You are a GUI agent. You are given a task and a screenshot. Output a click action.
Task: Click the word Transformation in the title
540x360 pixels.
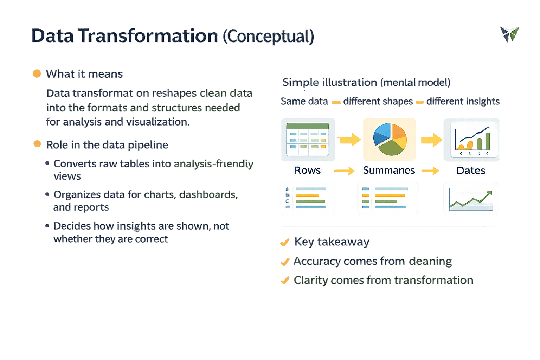click(148, 36)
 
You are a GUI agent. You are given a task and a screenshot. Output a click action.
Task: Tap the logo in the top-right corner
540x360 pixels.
click(509, 34)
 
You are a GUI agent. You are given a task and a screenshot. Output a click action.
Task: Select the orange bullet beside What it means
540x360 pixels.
click(37, 73)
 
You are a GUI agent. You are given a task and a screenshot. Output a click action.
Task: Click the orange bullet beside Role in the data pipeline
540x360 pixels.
click(37, 144)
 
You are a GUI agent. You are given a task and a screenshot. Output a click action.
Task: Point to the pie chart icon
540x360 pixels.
click(390, 139)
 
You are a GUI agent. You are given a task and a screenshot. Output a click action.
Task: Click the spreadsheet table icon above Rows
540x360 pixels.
click(308, 139)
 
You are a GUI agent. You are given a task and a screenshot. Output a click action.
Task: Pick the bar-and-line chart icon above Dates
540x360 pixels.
click(471, 140)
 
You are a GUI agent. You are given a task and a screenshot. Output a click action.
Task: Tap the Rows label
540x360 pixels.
click(307, 170)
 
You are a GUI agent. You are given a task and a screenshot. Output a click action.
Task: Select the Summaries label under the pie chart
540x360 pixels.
click(389, 170)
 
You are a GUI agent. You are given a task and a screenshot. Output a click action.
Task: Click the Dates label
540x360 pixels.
click(471, 171)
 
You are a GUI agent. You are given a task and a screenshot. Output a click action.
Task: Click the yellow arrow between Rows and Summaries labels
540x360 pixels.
click(345, 171)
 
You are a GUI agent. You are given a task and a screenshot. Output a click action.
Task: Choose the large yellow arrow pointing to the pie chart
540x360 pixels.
click(349, 140)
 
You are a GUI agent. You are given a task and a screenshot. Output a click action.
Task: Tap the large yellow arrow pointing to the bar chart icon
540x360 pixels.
click(432, 140)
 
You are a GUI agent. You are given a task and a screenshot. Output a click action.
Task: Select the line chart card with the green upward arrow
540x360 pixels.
click(471, 198)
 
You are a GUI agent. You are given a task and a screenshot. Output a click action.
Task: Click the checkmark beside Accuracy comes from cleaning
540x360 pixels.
click(285, 262)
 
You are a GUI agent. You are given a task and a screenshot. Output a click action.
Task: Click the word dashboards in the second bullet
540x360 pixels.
click(208, 194)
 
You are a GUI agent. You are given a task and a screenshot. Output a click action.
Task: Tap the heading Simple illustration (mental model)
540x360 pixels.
click(366, 82)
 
